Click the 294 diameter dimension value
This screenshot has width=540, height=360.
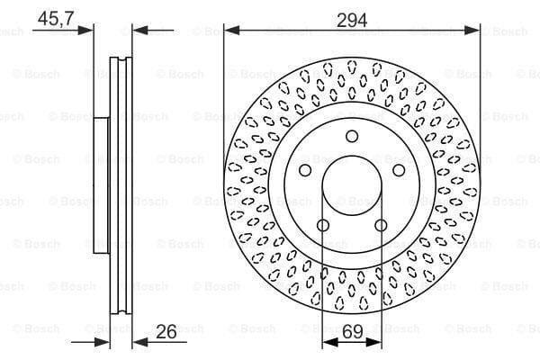pos(352,20)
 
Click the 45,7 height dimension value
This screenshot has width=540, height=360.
pos(56,18)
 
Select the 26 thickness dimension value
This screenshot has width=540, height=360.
pos(166,331)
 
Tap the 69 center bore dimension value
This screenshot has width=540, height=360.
pos(353,331)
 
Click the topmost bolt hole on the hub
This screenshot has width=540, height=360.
pos(352,136)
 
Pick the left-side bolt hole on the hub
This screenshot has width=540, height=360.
pos(305,170)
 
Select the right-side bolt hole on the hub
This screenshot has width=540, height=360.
pos(399,170)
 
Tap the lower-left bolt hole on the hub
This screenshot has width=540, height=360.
pos(323,226)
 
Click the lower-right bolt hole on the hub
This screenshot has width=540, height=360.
pos(381,226)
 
